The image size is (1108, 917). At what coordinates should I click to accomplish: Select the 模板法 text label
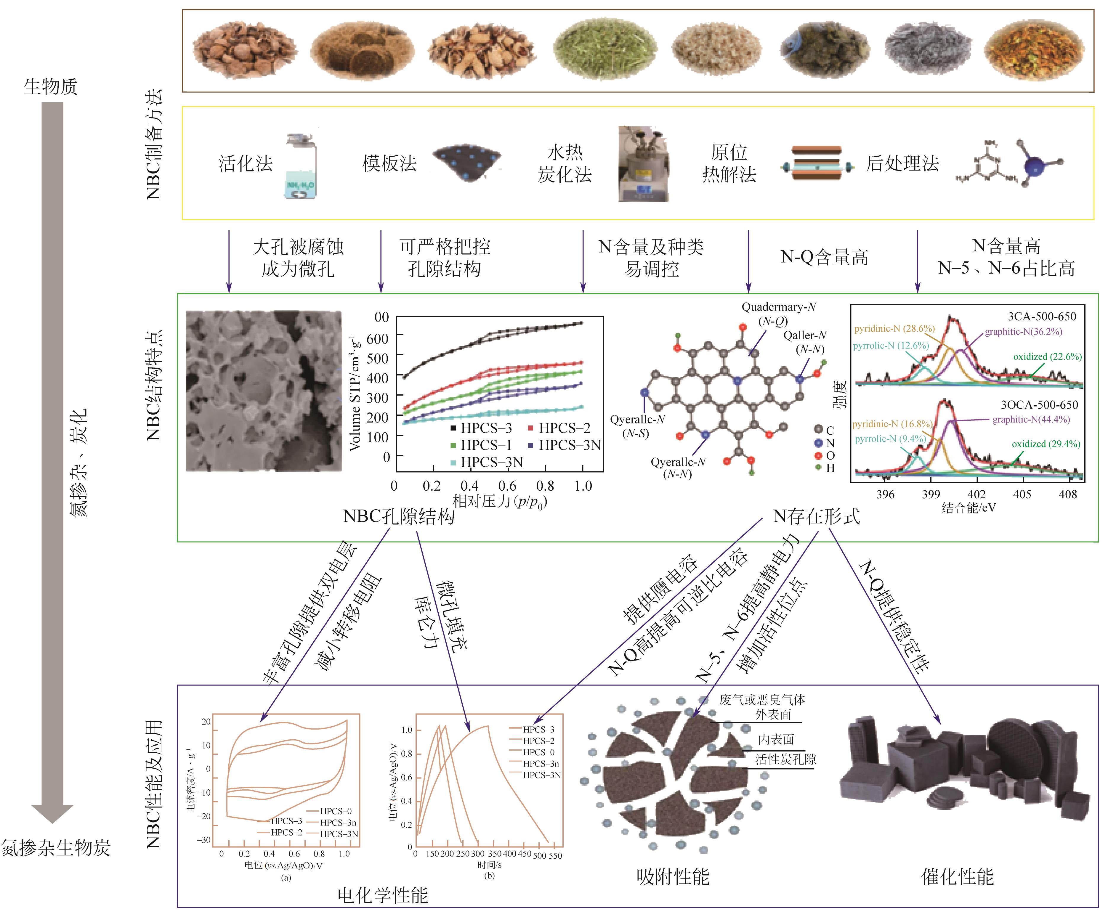(389, 163)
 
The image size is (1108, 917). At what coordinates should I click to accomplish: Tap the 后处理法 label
(903, 163)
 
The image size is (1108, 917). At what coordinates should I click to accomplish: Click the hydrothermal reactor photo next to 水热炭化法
(644, 163)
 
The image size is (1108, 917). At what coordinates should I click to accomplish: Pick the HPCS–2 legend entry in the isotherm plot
(559, 428)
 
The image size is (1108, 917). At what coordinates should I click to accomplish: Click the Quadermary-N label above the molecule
(779, 307)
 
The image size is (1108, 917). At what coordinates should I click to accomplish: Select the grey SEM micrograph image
(264, 391)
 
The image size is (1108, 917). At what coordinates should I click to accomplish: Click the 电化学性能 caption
(383, 895)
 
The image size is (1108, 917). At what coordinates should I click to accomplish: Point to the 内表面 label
(776, 740)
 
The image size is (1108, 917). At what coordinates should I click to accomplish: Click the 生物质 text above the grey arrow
(51, 86)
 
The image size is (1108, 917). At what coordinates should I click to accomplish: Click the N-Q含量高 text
(824, 258)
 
